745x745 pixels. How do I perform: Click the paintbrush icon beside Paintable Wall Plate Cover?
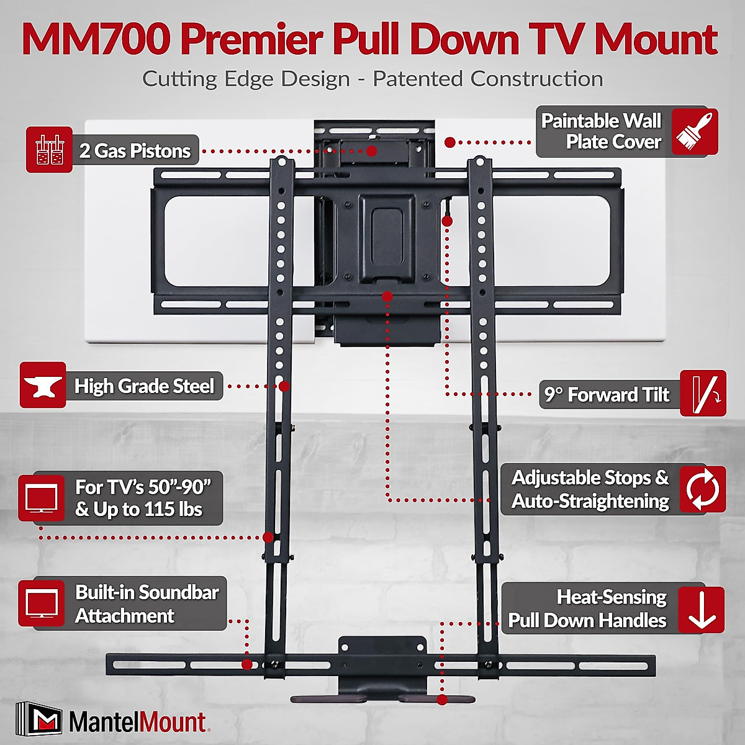[x=695, y=131]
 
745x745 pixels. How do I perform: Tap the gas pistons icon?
[x=49, y=150]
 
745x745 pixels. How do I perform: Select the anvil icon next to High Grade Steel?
[x=43, y=386]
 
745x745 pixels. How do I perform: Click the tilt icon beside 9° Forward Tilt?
[x=703, y=394]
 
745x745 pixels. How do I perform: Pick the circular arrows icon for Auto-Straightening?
[x=702, y=489]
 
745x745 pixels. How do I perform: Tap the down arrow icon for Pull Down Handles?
[x=702, y=610]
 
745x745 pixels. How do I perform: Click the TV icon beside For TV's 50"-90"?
[x=42, y=499]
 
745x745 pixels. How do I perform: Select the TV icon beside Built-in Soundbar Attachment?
[x=42, y=603]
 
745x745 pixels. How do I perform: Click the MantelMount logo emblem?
[x=38, y=721]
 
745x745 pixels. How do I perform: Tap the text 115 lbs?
[x=173, y=510]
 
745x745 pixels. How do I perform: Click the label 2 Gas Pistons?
[x=135, y=151]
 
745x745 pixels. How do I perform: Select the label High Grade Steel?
[x=144, y=386]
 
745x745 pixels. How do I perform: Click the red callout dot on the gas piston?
[x=372, y=151]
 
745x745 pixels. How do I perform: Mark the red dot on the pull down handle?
[x=442, y=700]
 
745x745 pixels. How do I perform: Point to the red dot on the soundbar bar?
[x=246, y=664]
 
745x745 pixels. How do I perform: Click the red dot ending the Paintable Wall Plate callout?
[x=450, y=142]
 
